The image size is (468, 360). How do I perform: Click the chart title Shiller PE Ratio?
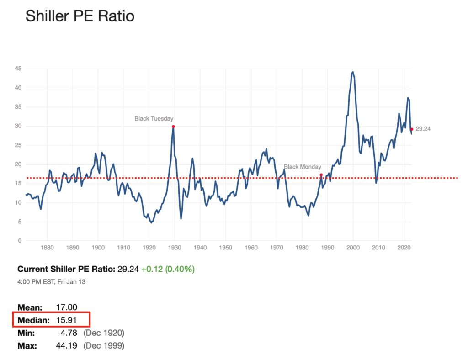click(x=80, y=16)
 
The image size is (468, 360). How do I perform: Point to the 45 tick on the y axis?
click(x=19, y=69)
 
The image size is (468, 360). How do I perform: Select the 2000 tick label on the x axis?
click(x=352, y=248)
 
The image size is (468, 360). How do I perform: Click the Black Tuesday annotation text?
click(x=154, y=119)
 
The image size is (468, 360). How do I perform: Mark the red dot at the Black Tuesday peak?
click(x=173, y=127)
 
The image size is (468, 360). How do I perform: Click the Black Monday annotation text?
click(x=303, y=167)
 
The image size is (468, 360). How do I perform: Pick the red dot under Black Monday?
click(x=321, y=175)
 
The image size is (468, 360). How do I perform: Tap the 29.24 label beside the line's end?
click(x=423, y=129)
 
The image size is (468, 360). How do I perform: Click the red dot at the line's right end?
click(x=412, y=129)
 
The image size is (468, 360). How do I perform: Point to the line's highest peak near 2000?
click(x=353, y=72)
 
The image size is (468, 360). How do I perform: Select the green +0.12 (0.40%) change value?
click(x=168, y=269)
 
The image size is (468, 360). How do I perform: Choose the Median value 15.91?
click(x=65, y=321)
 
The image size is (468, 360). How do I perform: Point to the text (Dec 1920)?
click(x=104, y=333)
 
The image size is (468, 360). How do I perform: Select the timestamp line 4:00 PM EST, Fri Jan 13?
click(x=51, y=282)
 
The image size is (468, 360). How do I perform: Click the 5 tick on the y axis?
click(x=21, y=222)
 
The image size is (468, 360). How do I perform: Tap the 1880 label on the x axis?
click(x=48, y=248)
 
